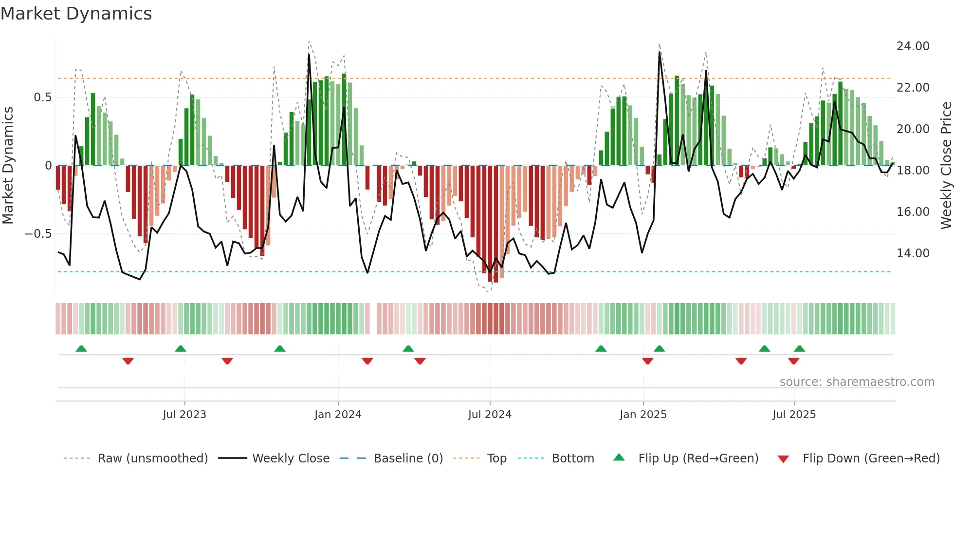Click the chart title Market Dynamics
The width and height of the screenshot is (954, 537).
[x=76, y=14]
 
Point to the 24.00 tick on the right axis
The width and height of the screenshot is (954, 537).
[x=913, y=46]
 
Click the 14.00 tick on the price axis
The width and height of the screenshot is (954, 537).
[x=913, y=253]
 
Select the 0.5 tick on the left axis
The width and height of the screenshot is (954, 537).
[x=42, y=97]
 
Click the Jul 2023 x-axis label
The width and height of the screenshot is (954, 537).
[x=184, y=415]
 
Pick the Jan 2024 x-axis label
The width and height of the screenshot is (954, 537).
[x=338, y=415]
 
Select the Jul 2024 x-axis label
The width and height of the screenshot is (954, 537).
[x=490, y=415]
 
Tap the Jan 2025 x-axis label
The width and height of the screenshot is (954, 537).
[x=643, y=415]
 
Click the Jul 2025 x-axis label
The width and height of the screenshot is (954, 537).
[x=794, y=415]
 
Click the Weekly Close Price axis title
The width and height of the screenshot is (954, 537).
[x=946, y=166]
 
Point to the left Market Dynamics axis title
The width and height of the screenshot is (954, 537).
[x=8, y=166]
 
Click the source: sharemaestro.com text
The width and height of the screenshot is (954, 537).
[x=857, y=382]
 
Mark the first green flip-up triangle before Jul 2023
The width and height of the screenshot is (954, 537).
[x=81, y=348]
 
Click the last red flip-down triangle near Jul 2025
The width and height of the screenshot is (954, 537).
[x=793, y=361]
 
